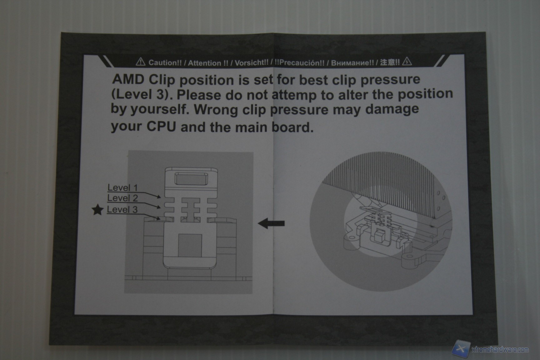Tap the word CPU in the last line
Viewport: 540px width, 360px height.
point(162,127)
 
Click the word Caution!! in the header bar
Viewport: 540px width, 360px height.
point(165,62)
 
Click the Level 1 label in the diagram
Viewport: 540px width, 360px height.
point(122,187)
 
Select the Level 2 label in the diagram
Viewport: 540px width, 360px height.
point(122,198)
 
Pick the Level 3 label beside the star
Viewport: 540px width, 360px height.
point(122,209)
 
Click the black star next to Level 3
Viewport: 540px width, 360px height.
point(98,210)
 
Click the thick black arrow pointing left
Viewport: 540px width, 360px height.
point(271,223)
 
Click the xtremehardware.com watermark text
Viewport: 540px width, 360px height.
point(500,349)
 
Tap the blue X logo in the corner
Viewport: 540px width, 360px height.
point(461,349)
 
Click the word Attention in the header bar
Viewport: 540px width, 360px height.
point(204,63)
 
